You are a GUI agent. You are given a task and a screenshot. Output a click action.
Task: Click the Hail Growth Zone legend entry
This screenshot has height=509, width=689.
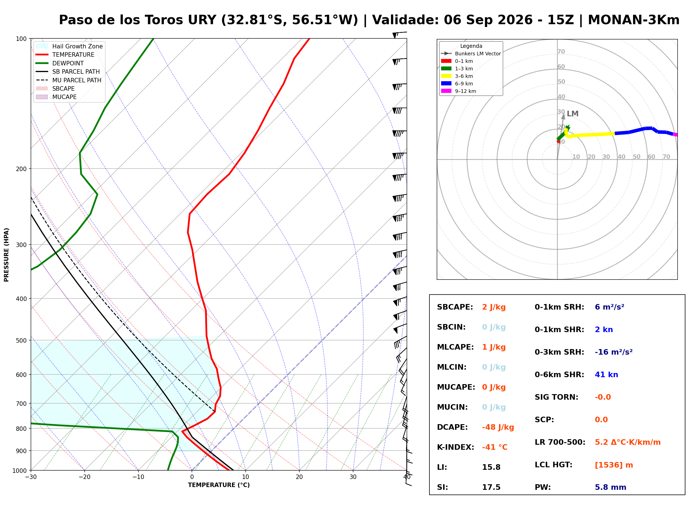pos(69,46)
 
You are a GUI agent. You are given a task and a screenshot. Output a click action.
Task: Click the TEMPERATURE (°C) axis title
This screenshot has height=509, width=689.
pos(219,485)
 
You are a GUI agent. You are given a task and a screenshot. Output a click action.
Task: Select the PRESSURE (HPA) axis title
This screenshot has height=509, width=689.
pos(6,255)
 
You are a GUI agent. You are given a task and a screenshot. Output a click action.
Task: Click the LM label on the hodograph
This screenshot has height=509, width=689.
pos(573,114)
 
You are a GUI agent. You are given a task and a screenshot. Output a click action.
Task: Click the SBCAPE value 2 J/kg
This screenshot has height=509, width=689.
pos(494,307)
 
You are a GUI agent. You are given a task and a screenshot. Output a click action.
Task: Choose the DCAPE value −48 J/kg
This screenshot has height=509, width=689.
pos(498,427)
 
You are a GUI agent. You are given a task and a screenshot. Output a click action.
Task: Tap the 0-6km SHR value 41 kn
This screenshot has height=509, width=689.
pos(606,375)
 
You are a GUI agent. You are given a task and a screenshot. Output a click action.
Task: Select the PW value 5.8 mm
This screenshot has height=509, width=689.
pos(610,487)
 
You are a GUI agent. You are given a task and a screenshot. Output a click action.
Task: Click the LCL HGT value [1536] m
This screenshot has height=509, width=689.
pos(614,465)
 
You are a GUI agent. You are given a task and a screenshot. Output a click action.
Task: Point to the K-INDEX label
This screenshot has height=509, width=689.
pos(456,447)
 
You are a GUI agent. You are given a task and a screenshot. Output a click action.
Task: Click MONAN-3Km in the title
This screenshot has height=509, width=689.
pos(634,20)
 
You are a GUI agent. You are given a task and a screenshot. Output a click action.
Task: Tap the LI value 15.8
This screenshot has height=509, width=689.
pos(491,467)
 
